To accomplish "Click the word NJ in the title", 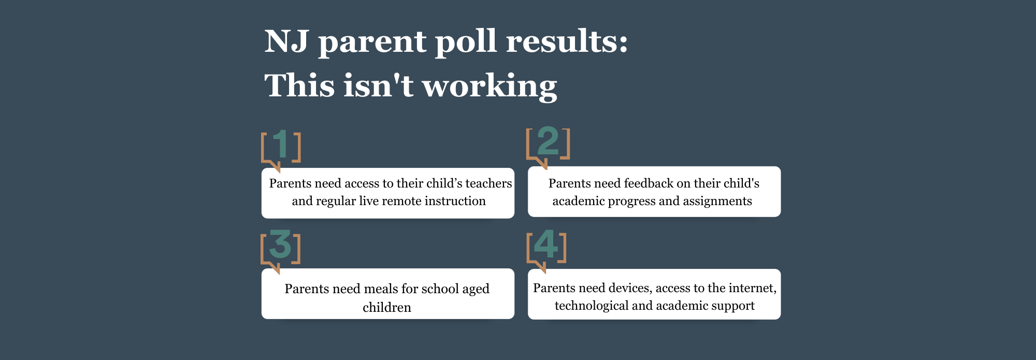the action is coord(287,41).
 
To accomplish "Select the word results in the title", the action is coord(567,41).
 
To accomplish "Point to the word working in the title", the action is coord(490,87).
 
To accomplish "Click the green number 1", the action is coord(281,143).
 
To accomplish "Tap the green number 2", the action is coord(548,141).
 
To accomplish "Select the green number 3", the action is coord(281,244).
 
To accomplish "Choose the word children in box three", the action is coord(387,308).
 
